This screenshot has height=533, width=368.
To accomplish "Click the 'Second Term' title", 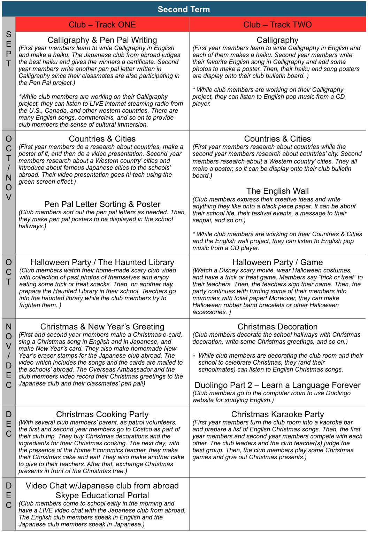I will (x=184, y=9).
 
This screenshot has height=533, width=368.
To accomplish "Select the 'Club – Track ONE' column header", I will (x=102, y=25).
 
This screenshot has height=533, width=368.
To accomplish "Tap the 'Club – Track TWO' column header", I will (x=277, y=25).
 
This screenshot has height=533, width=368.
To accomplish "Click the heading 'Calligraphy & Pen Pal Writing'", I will (x=102, y=40).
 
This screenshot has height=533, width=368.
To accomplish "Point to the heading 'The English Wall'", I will (x=277, y=191).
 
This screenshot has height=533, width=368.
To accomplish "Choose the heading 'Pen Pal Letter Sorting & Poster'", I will (x=102, y=204).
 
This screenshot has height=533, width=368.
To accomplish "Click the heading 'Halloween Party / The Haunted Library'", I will (x=102, y=262).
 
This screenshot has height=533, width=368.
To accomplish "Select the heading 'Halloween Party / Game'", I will (x=277, y=262).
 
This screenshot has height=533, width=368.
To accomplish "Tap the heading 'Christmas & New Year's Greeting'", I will (x=102, y=327).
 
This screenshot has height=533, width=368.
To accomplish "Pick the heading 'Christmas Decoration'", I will (x=277, y=327).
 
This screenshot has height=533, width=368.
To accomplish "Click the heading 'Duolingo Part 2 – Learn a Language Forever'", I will (x=277, y=385).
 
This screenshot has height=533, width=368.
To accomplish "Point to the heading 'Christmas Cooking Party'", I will (x=102, y=414).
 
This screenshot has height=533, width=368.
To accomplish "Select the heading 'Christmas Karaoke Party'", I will (x=277, y=414).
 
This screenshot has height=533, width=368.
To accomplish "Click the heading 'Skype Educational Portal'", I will (x=102, y=495).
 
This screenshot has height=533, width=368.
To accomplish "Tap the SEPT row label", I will (x=9, y=49).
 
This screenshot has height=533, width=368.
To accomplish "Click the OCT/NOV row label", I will (x=9, y=168).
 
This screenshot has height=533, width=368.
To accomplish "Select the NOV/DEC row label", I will (x=9, y=356).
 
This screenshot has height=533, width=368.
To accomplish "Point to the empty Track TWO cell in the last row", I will (x=277, y=504).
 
